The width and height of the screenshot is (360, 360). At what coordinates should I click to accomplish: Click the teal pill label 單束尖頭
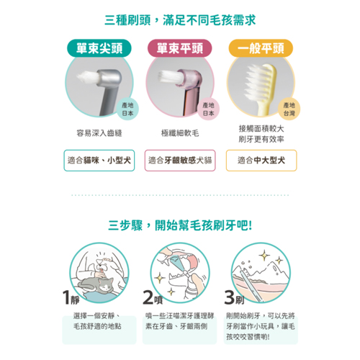pyautogui.click(x=99, y=48)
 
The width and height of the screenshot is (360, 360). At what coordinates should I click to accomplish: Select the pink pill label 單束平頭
pyautogui.click(x=180, y=48)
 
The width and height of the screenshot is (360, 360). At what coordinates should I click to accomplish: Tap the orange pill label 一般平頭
pyautogui.click(x=261, y=48)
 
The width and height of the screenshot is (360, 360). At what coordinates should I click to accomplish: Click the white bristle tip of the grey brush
pyautogui.click(x=87, y=78)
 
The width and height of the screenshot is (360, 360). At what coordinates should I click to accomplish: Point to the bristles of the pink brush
pyautogui.click(x=168, y=76)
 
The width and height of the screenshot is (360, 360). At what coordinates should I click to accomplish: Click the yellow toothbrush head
pyautogui.click(x=261, y=81)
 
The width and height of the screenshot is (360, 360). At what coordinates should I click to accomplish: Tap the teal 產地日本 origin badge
pyautogui.click(x=127, y=109)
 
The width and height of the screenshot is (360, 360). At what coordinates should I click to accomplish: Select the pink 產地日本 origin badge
pyautogui.click(x=208, y=109)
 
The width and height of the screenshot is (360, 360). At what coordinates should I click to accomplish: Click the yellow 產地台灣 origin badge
pyautogui.click(x=289, y=109)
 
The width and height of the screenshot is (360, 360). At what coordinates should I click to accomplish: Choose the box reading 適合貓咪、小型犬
pyautogui.click(x=99, y=161)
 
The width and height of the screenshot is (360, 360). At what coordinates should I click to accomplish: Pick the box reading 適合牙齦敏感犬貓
pyautogui.click(x=180, y=161)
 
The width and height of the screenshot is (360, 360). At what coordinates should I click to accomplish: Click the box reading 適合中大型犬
pyautogui.click(x=261, y=161)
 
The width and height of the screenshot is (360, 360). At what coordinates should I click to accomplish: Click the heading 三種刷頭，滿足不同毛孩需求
pyautogui.click(x=180, y=20)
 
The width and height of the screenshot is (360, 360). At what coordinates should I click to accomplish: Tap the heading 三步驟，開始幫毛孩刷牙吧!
pyautogui.click(x=180, y=225)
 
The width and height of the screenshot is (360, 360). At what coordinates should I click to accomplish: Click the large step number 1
pyautogui.click(x=66, y=297)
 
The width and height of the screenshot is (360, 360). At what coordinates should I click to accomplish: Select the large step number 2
pyautogui.click(x=148, y=297)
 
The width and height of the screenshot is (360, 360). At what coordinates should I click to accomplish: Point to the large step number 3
pyautogui.click(x=230, y=297)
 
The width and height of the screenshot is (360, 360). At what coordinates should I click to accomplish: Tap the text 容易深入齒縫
pyautogui.click(x=99, y=133)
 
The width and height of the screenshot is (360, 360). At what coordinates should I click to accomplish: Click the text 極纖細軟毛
pyautogui.click(x=180, y=133)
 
